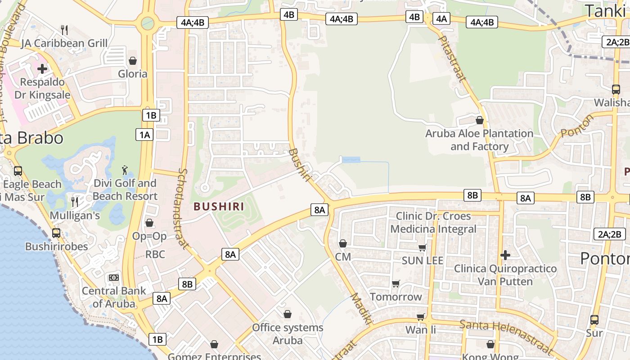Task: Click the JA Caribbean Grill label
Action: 65,43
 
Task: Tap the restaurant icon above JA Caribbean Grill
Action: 65,30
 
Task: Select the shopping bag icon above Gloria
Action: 133,60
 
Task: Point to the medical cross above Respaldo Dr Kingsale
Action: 42,69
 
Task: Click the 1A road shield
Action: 144,135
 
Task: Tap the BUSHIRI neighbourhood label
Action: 219,207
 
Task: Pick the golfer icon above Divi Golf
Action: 125,170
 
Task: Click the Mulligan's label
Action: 75,216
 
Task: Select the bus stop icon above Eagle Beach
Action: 18,171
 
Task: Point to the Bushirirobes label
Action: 57,247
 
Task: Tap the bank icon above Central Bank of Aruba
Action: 114,278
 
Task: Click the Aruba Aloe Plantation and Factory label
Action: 479,140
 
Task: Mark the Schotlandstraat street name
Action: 184,209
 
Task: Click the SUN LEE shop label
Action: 423,261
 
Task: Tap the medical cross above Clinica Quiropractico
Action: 505,255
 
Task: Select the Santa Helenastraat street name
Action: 506,337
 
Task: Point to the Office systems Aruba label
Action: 288,333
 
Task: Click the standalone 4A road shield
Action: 441,18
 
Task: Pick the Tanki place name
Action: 606,11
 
